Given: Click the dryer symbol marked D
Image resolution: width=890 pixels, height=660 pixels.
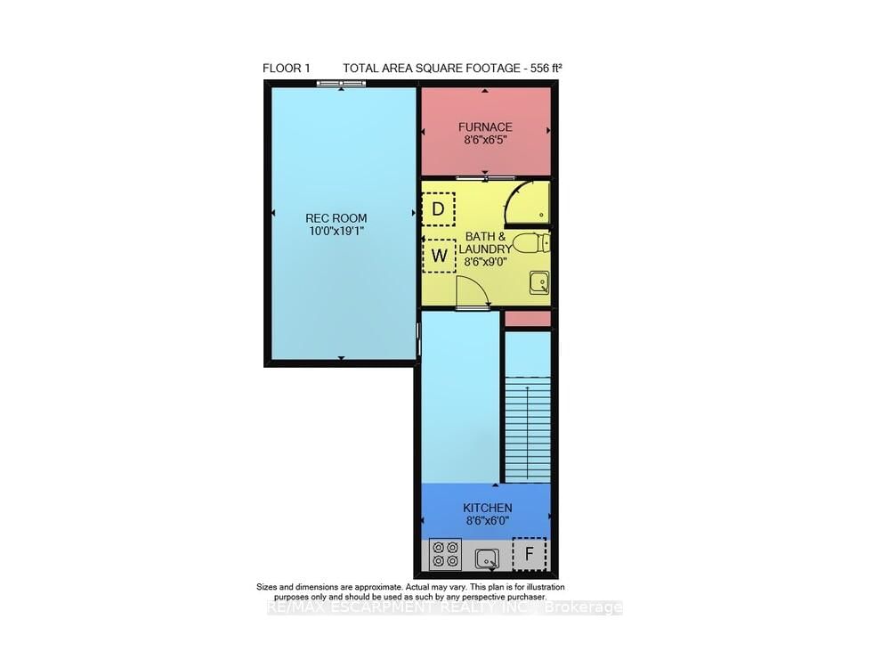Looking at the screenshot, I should (x=438, y=209).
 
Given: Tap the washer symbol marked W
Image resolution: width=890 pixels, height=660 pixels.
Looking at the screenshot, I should (x=439, y=257).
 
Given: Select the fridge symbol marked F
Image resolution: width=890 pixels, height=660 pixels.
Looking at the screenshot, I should (x=530, y=555).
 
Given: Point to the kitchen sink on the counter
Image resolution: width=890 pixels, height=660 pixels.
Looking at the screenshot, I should (x=486, y=558).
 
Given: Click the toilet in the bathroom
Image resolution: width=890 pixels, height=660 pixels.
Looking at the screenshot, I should (x=536, y=243).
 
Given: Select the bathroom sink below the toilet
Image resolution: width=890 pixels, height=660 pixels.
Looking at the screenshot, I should (x=538, y=283).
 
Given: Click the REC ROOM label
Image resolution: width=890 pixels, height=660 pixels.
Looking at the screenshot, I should (x=336, y=218).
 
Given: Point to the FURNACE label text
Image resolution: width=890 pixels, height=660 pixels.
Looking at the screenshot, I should (x=485, y=127).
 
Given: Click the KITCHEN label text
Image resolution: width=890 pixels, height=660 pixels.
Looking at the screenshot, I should (x=486, y=508).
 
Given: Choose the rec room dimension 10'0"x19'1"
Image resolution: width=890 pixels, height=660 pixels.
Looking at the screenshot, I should (x=336, y=231).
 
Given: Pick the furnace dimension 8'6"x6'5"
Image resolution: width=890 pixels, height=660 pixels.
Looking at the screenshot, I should (x=485, y=140).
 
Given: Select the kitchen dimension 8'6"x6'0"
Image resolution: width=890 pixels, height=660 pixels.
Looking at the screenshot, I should (x=486, y=521).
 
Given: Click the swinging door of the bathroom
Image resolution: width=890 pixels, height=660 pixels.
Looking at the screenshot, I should (x=469, y=291).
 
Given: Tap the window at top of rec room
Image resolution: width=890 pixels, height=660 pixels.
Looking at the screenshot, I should (x=342, y=85).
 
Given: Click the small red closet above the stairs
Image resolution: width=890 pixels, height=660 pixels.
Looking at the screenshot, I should (x=528, y=318).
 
